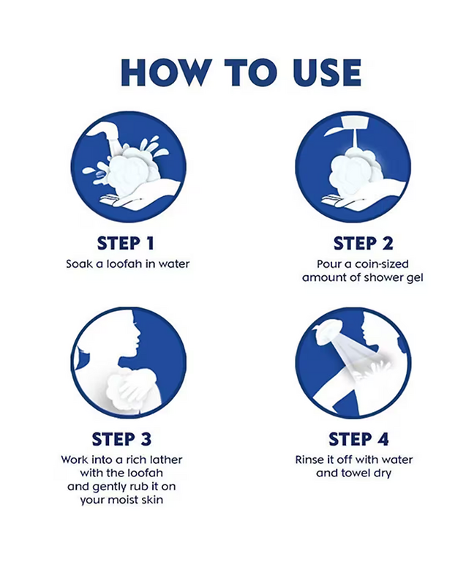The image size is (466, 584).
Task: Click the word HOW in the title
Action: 166,72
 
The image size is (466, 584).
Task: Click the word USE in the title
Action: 327,72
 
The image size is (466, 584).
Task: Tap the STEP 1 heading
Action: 125,243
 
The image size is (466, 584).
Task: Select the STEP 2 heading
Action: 363,243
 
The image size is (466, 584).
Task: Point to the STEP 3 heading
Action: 121,439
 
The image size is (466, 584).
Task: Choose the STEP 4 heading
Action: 358,439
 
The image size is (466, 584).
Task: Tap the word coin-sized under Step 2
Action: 382,263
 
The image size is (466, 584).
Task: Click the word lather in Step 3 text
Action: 166,460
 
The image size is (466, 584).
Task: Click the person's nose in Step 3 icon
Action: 139,339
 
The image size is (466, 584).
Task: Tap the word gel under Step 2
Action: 414,278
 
